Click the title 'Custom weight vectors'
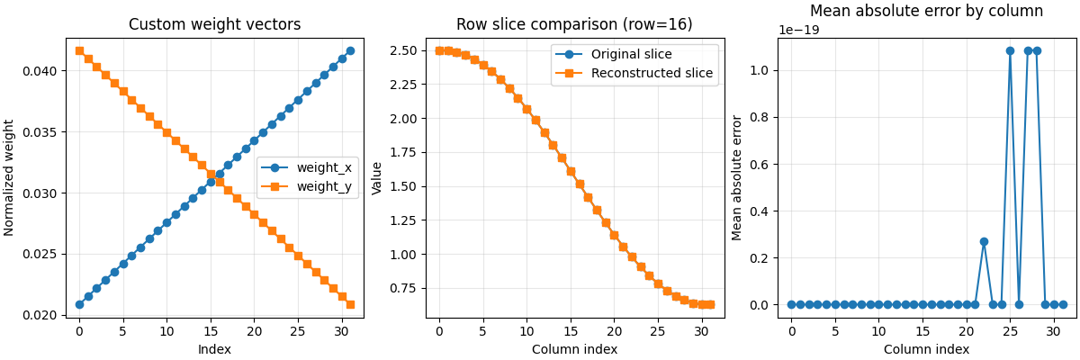214,25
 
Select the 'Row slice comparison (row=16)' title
574,25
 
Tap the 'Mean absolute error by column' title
926,12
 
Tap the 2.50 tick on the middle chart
402,50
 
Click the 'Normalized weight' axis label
10,177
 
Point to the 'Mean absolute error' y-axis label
737,177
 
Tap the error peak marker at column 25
1010,51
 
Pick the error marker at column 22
984,241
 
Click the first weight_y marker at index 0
79,50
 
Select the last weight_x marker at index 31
350,50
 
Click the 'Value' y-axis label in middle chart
377,177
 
